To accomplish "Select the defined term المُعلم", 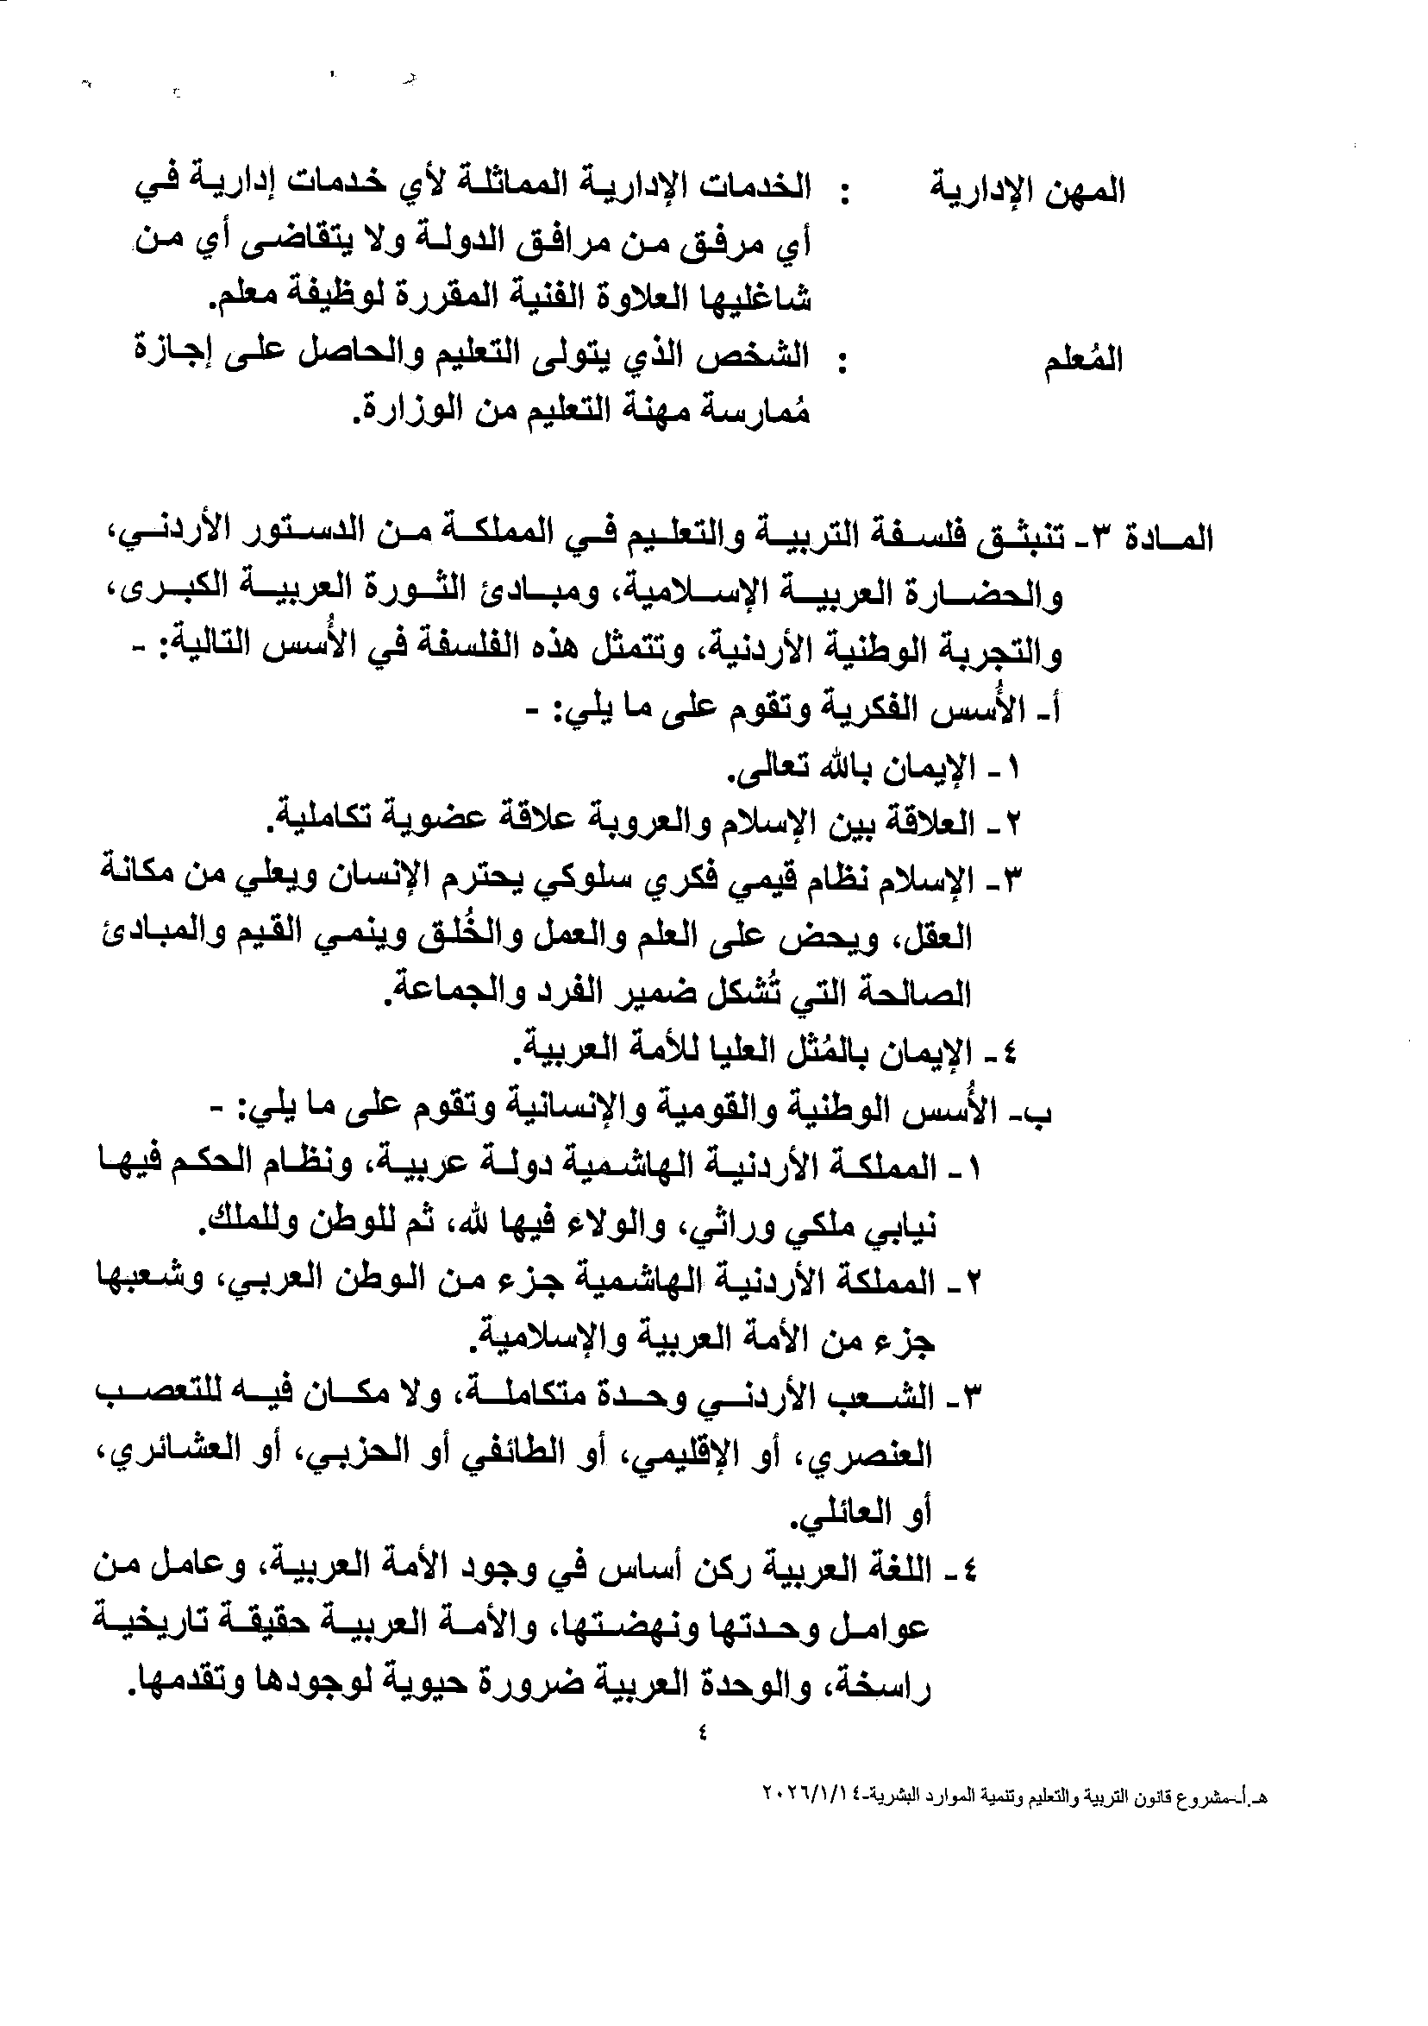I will point(1084,361).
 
